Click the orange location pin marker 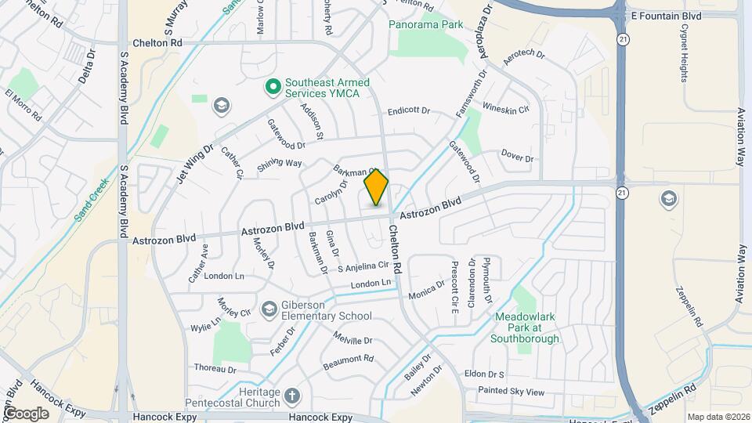(x=376, y=187)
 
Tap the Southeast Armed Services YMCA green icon (x=273, y=88)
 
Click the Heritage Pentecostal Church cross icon (x=292, y=396)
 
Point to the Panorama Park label (x=427, y=25)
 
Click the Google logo (x=26, y=413)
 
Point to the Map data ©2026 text (x=718, y=417)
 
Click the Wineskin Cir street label (x=506, y=107)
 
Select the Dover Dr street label (x=517, y=157)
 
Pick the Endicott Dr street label (x=409, y=111)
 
